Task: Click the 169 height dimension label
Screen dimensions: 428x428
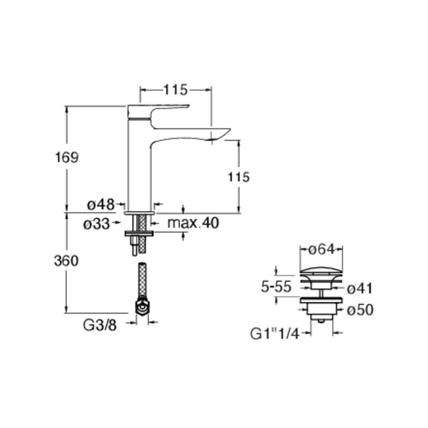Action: click(67, 158)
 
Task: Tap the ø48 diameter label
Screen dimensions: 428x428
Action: click(101, 204)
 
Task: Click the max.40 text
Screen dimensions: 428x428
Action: click(194, 223)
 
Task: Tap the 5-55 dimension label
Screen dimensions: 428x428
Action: click(276, 287)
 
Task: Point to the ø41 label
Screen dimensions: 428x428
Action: click(360, 288)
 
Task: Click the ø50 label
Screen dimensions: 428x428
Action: click(360, 310)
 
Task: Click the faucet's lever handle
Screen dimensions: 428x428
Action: click(160, 110)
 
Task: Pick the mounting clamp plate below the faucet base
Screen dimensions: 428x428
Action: click(139, 234)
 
